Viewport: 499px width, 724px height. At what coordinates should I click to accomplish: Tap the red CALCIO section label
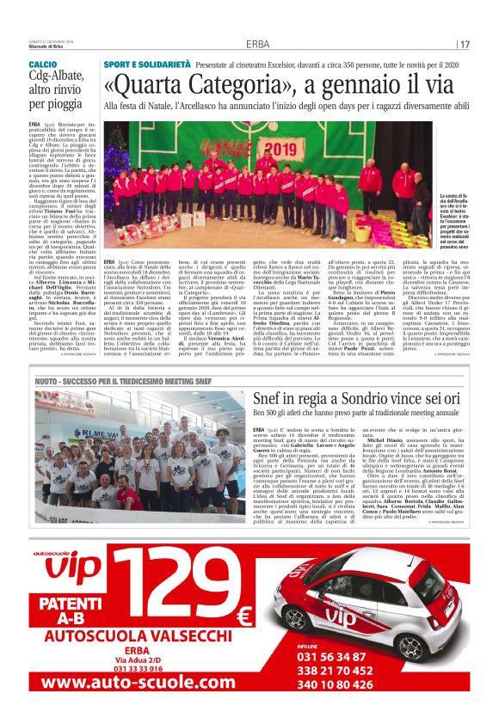point(43,65)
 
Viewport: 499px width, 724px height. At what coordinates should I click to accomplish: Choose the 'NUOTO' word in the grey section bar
point(48,379)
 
